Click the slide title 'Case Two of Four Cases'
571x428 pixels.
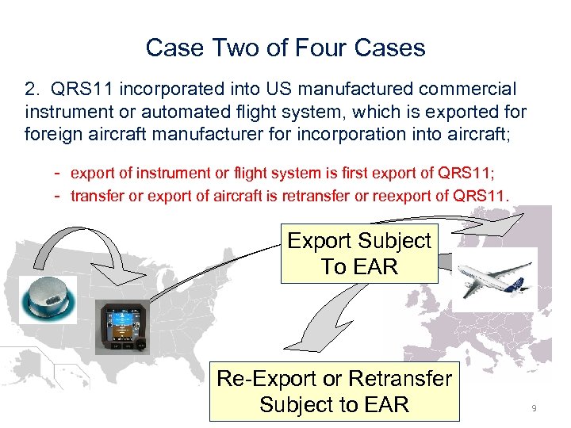[285, 48]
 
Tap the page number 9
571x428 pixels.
[534, 407]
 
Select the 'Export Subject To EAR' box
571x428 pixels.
[359, 254]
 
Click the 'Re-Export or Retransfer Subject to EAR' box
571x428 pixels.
[334, 392]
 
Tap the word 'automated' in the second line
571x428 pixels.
[190, 111]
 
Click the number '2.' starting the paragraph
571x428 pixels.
[33, 90]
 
